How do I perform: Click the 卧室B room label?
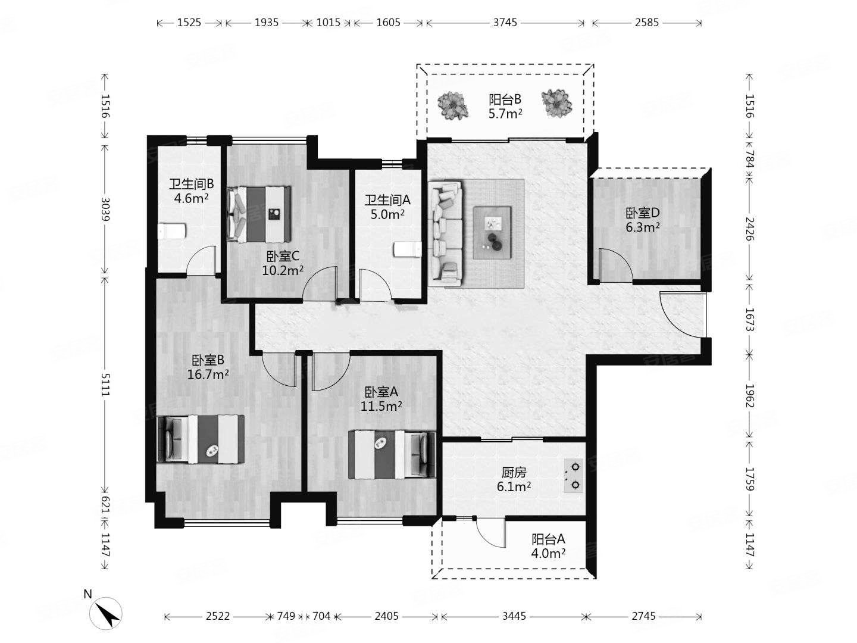[207, 360]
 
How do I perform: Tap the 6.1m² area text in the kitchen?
[514, 487]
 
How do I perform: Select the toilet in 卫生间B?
[172, 231]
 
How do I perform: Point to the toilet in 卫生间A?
[407, 249]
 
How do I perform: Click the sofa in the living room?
[445, 233]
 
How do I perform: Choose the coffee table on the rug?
[492, 232]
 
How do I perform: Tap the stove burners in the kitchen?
[573, 476]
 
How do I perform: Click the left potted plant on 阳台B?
[452, 105]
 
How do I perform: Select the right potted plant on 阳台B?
[557, 103]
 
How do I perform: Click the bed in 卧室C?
[259, 214]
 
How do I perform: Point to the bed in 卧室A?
[392, 454]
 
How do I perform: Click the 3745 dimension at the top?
[505, 23]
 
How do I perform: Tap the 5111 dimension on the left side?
[105, 385]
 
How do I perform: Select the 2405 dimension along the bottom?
[386, 616]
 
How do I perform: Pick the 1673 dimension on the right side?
[749, 320]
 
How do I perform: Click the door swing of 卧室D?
[616, 264]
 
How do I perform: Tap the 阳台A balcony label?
[548, 539]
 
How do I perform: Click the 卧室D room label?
[643, 213]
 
